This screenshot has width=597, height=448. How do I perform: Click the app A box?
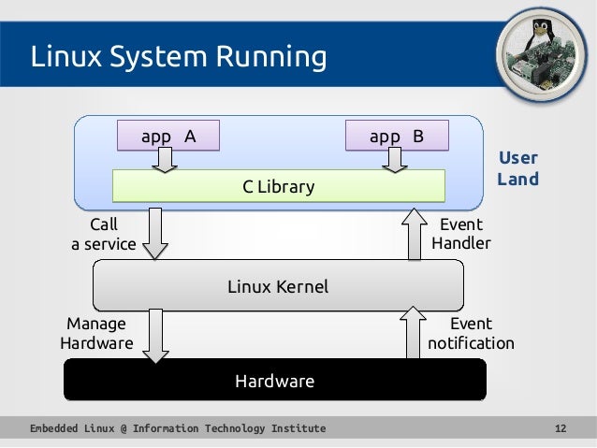click(167, 137)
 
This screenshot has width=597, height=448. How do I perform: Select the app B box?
click(397, 137)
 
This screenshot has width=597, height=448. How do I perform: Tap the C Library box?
click(278, 187)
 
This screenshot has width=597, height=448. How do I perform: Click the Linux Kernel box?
click(278, 286)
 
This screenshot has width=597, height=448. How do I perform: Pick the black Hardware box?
click(274, 381)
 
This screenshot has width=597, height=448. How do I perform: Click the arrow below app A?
click(166, 161)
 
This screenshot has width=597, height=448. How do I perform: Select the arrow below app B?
click(395, 161)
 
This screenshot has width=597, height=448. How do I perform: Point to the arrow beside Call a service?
click(155, 234)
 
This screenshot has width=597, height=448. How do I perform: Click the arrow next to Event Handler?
click(415, 234)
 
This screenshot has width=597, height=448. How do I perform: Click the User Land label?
click(517, 168)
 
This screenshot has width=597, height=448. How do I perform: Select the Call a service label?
click(103, 235)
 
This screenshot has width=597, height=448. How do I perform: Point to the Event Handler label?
click(460, 234)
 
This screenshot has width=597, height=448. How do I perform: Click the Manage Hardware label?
click(95, 333)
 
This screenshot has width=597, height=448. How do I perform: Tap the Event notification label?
click(471, 333)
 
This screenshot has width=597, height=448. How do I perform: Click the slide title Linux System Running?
click(179, 58)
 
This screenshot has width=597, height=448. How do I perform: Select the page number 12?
click(561, 428)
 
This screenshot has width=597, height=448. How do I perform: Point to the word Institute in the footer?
click(298, 428)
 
